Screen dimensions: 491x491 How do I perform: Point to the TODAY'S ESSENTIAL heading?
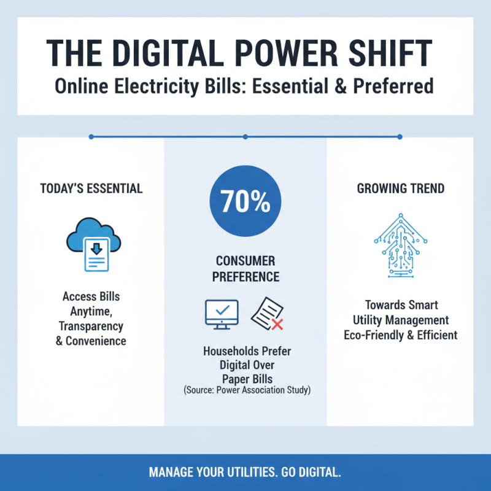coord(91,188)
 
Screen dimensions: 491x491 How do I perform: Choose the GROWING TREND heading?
coord(400,188)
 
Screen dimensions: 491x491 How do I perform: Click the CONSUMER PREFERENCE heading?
coord(245,269)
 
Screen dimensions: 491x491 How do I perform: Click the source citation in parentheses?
coord(245,390)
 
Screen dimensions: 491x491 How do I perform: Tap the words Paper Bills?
coord(247,378)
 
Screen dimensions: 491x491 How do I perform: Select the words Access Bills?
coord(91,296)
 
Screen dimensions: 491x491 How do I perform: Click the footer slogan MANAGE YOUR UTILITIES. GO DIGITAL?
coord(245,473)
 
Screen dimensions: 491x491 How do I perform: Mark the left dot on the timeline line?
coord(91,136)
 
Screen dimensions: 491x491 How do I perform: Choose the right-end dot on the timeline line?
coord(400,136)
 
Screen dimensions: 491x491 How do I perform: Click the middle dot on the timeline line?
coord(245,136)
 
